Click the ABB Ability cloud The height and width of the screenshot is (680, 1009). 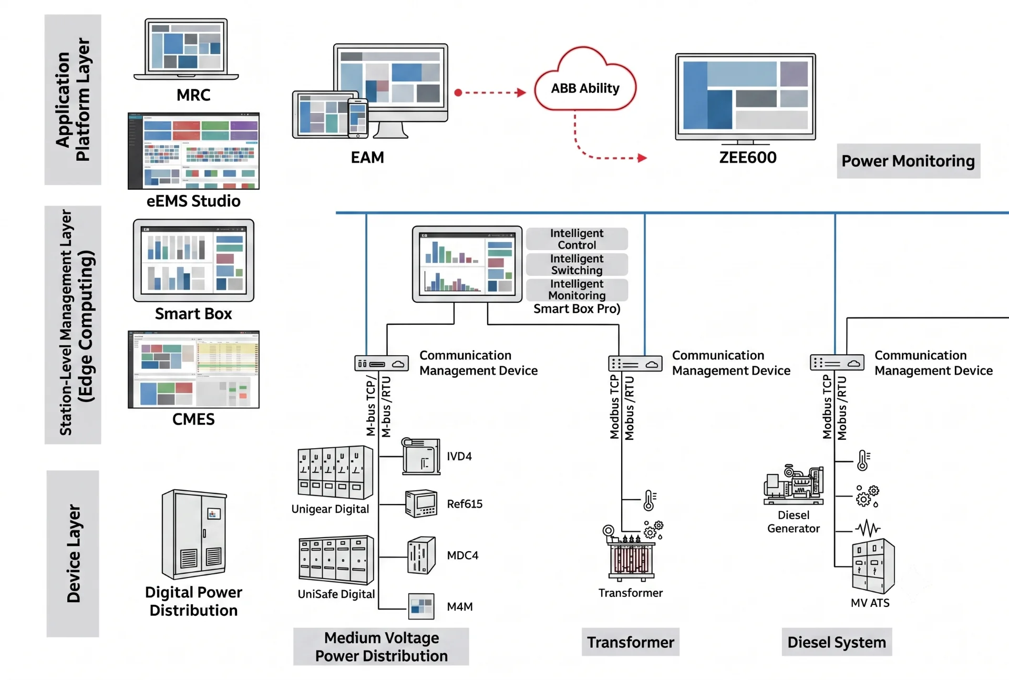585,79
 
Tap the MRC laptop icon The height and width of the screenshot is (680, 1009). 186,49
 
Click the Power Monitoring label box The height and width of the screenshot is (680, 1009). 908,161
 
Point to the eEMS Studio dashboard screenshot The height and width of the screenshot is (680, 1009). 193,151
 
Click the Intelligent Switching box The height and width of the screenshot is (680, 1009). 577,264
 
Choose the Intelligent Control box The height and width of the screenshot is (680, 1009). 577,239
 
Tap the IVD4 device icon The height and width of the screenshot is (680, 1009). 421,456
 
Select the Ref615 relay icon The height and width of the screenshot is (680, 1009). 421,503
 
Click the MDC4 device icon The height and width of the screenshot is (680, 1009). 421,555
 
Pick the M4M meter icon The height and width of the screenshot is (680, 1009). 421,606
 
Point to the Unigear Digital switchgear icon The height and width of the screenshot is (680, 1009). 335,472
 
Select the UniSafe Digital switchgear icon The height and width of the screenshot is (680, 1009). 336,560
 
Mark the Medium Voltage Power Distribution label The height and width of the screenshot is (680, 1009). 381,647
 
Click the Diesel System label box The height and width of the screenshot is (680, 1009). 837,642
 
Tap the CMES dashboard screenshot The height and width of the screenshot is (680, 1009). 193,369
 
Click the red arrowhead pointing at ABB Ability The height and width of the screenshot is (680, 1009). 521,92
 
